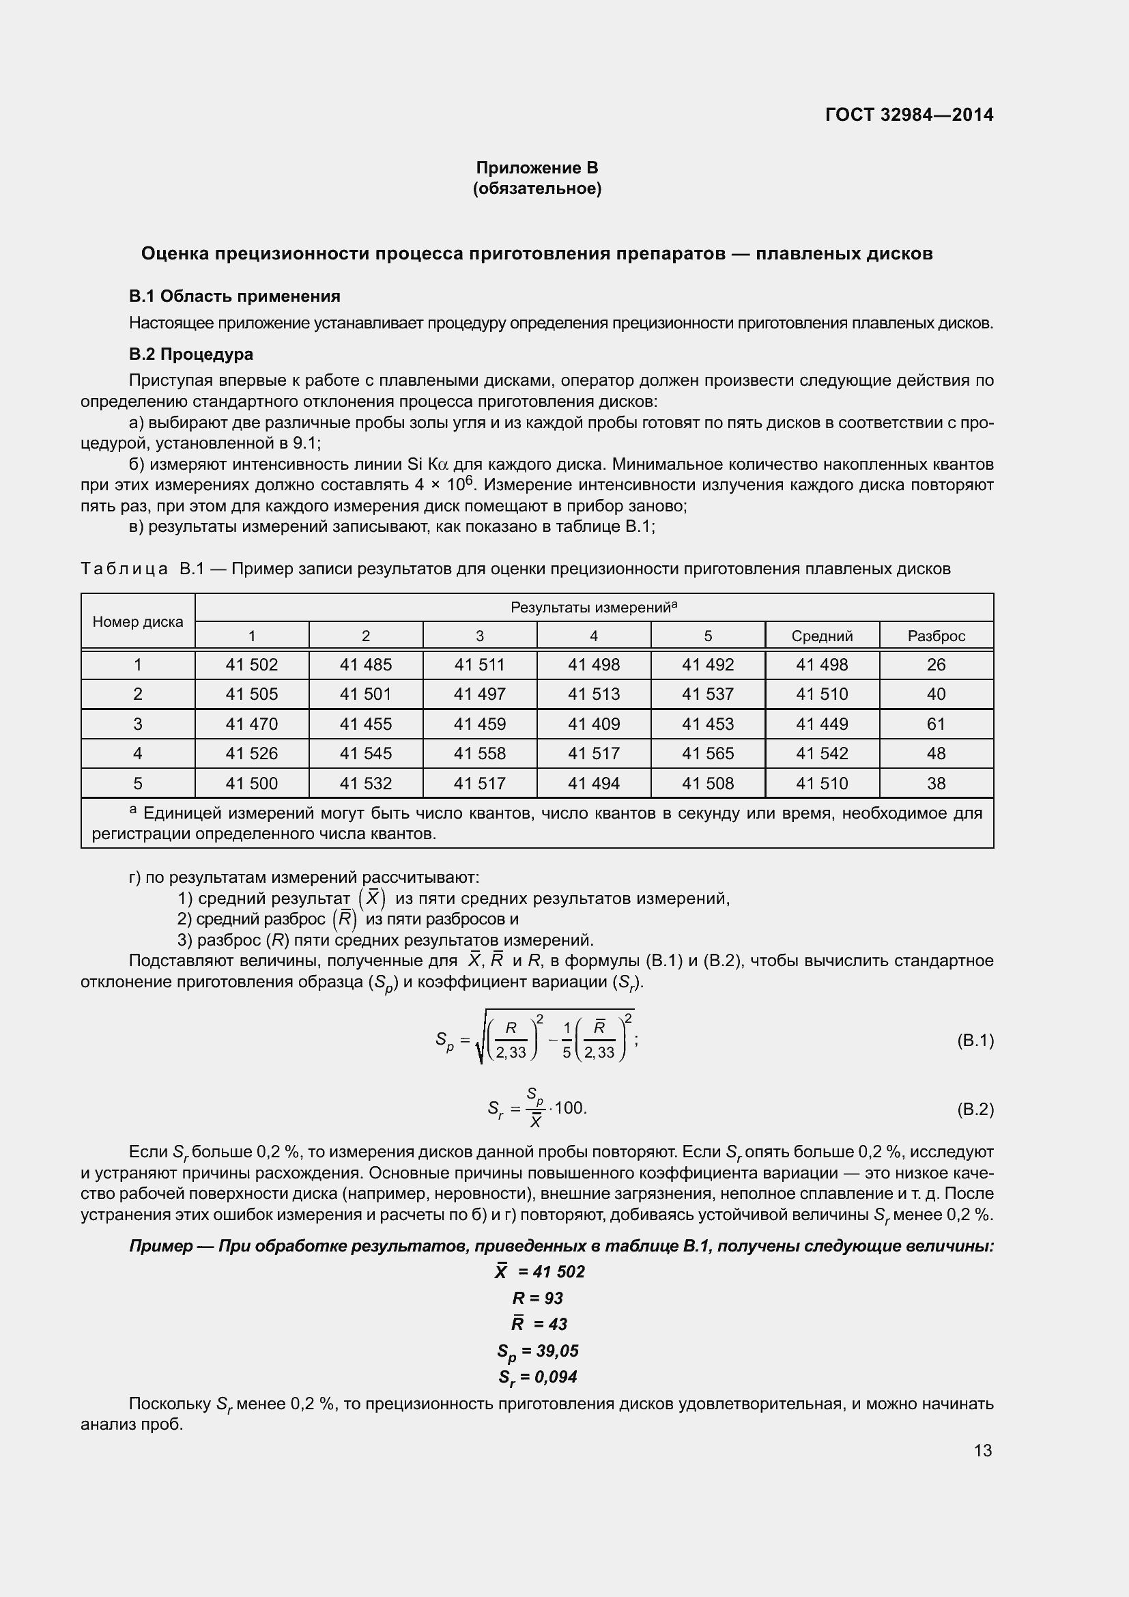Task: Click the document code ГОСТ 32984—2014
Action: pos(909,115)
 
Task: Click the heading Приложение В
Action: pos(537,168)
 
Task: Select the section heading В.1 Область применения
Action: pos(234,296)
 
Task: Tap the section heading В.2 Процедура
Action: pos(190,354)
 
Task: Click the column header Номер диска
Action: pos(138,622)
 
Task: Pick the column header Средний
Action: pos(822,636)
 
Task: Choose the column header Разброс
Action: pos(936,636)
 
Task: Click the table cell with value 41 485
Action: pos(366,665)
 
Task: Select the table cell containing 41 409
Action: pos(594,724)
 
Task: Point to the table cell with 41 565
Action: pos(708,753)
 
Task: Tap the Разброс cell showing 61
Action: pos(936,724)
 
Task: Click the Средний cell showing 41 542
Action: pos(822,753)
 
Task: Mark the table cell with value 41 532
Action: pos(366,783)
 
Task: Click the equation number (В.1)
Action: pos(975,1041)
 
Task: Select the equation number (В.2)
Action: pos(975,1110)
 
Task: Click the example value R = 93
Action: pos(537,1298)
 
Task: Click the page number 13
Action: pos(982,1450)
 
